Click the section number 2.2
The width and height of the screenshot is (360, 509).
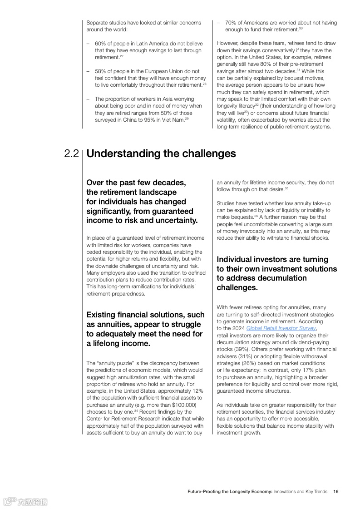click(x=72, y=154)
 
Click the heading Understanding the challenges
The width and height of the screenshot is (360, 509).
click(x=161, y=153)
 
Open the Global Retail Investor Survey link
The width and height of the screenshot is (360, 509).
click(x=281, y=328)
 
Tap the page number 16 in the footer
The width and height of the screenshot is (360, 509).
click(x=335, y=491)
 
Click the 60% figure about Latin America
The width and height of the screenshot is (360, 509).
click(x=100, y=44)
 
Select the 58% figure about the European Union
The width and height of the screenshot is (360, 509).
click(x=100, y=71)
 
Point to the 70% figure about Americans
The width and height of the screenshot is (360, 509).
click(x=231, y=23)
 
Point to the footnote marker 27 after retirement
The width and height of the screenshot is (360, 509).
click(x=122, y=56)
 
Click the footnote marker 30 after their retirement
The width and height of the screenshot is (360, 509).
click(x=301, y=28)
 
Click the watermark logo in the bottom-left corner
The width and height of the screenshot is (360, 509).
click(x=25, y=501)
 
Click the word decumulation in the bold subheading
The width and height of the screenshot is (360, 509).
click(x=283, y=278)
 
